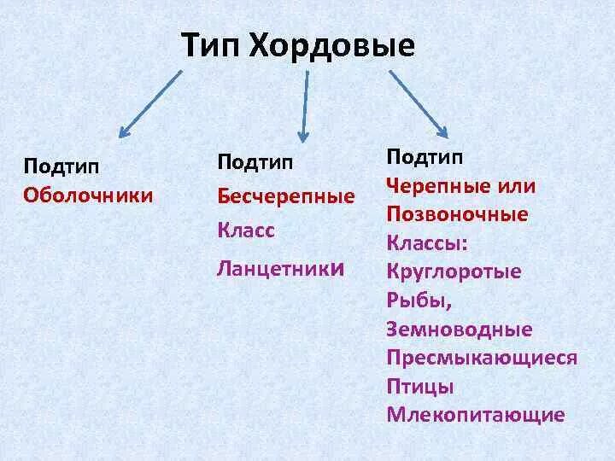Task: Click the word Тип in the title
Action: [x=211, y=45]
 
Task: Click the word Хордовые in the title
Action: [x=332, y=45]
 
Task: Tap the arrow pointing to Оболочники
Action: [x=150, y=103]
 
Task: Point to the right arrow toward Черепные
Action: [x=418, y=102]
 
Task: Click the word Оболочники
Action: [x=89, y=195]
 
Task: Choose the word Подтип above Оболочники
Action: [x=61, y=166]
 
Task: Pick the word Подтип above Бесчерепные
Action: [x=255, y=161]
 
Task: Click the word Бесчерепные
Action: [x=286, y=196]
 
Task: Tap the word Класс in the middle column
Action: [x=245, y=231]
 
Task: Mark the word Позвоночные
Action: [x=456, y=213]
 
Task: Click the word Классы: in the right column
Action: [x=427, y=243]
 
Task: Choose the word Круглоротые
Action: [x=454, y=272]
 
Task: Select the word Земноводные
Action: [x=459, y=330]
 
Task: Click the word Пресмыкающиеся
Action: [x=482, y=358]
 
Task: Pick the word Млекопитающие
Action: [x=476, y=415]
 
